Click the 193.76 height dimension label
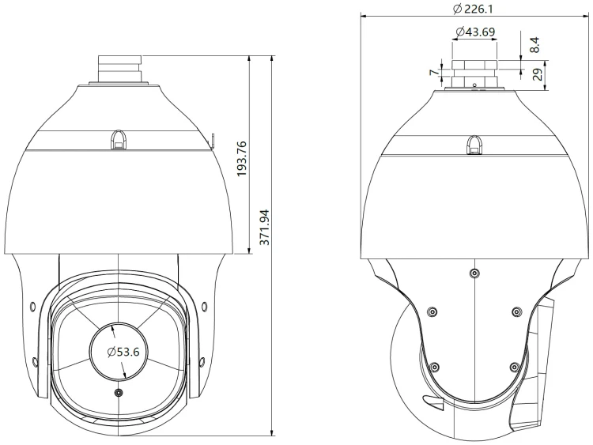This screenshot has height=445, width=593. click(x=242, y=158)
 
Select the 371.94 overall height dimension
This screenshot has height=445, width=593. click(x=265, y=227)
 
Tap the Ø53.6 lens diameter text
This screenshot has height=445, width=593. click(x=123, y=352)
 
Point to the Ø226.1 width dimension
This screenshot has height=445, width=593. click(x=473, y=9)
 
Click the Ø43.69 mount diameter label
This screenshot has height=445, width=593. click(x=475, y=32)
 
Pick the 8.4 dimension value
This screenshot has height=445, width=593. click(x=534, y=44)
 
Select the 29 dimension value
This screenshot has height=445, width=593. click(x=537, y=74)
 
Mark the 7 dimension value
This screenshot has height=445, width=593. click(x=434, y=72)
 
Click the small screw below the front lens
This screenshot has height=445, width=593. click(x=119, y=393)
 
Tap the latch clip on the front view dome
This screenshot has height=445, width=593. click(x=119, y=140)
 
